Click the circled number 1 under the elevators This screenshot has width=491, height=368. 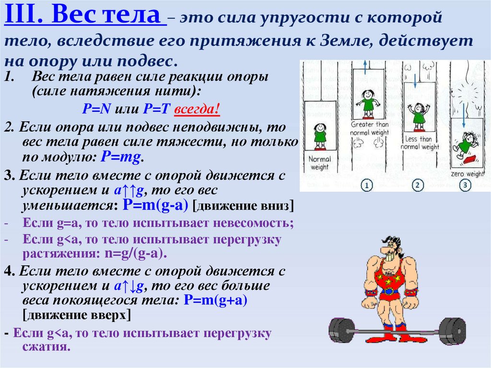pyautogui.click(x=366, y=185)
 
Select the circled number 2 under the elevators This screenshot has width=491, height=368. pyautogui.click(x=417, y=185)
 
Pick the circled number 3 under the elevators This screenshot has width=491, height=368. pyautogui.click(x=464, y=185)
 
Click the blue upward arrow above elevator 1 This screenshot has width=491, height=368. pyautogui.click(x=364, y=65)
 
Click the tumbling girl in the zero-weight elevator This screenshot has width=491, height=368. pyautogui.click(x=464, y=144)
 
